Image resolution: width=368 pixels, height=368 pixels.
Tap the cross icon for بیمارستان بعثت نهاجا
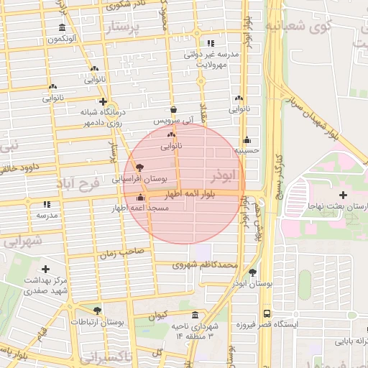[x=343, y=195]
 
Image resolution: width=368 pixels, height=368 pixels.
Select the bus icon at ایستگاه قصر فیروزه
[x=267, y=314]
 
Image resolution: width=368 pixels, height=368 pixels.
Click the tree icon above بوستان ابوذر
[x=252, y=272]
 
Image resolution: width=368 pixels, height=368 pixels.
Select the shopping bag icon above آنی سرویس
[x=174, y=109]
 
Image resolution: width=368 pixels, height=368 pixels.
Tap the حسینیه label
[x=247, y=152]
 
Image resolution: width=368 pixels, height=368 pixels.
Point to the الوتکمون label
[x=63, y=39]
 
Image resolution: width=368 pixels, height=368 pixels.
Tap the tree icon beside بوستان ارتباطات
[x=97, y=310]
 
